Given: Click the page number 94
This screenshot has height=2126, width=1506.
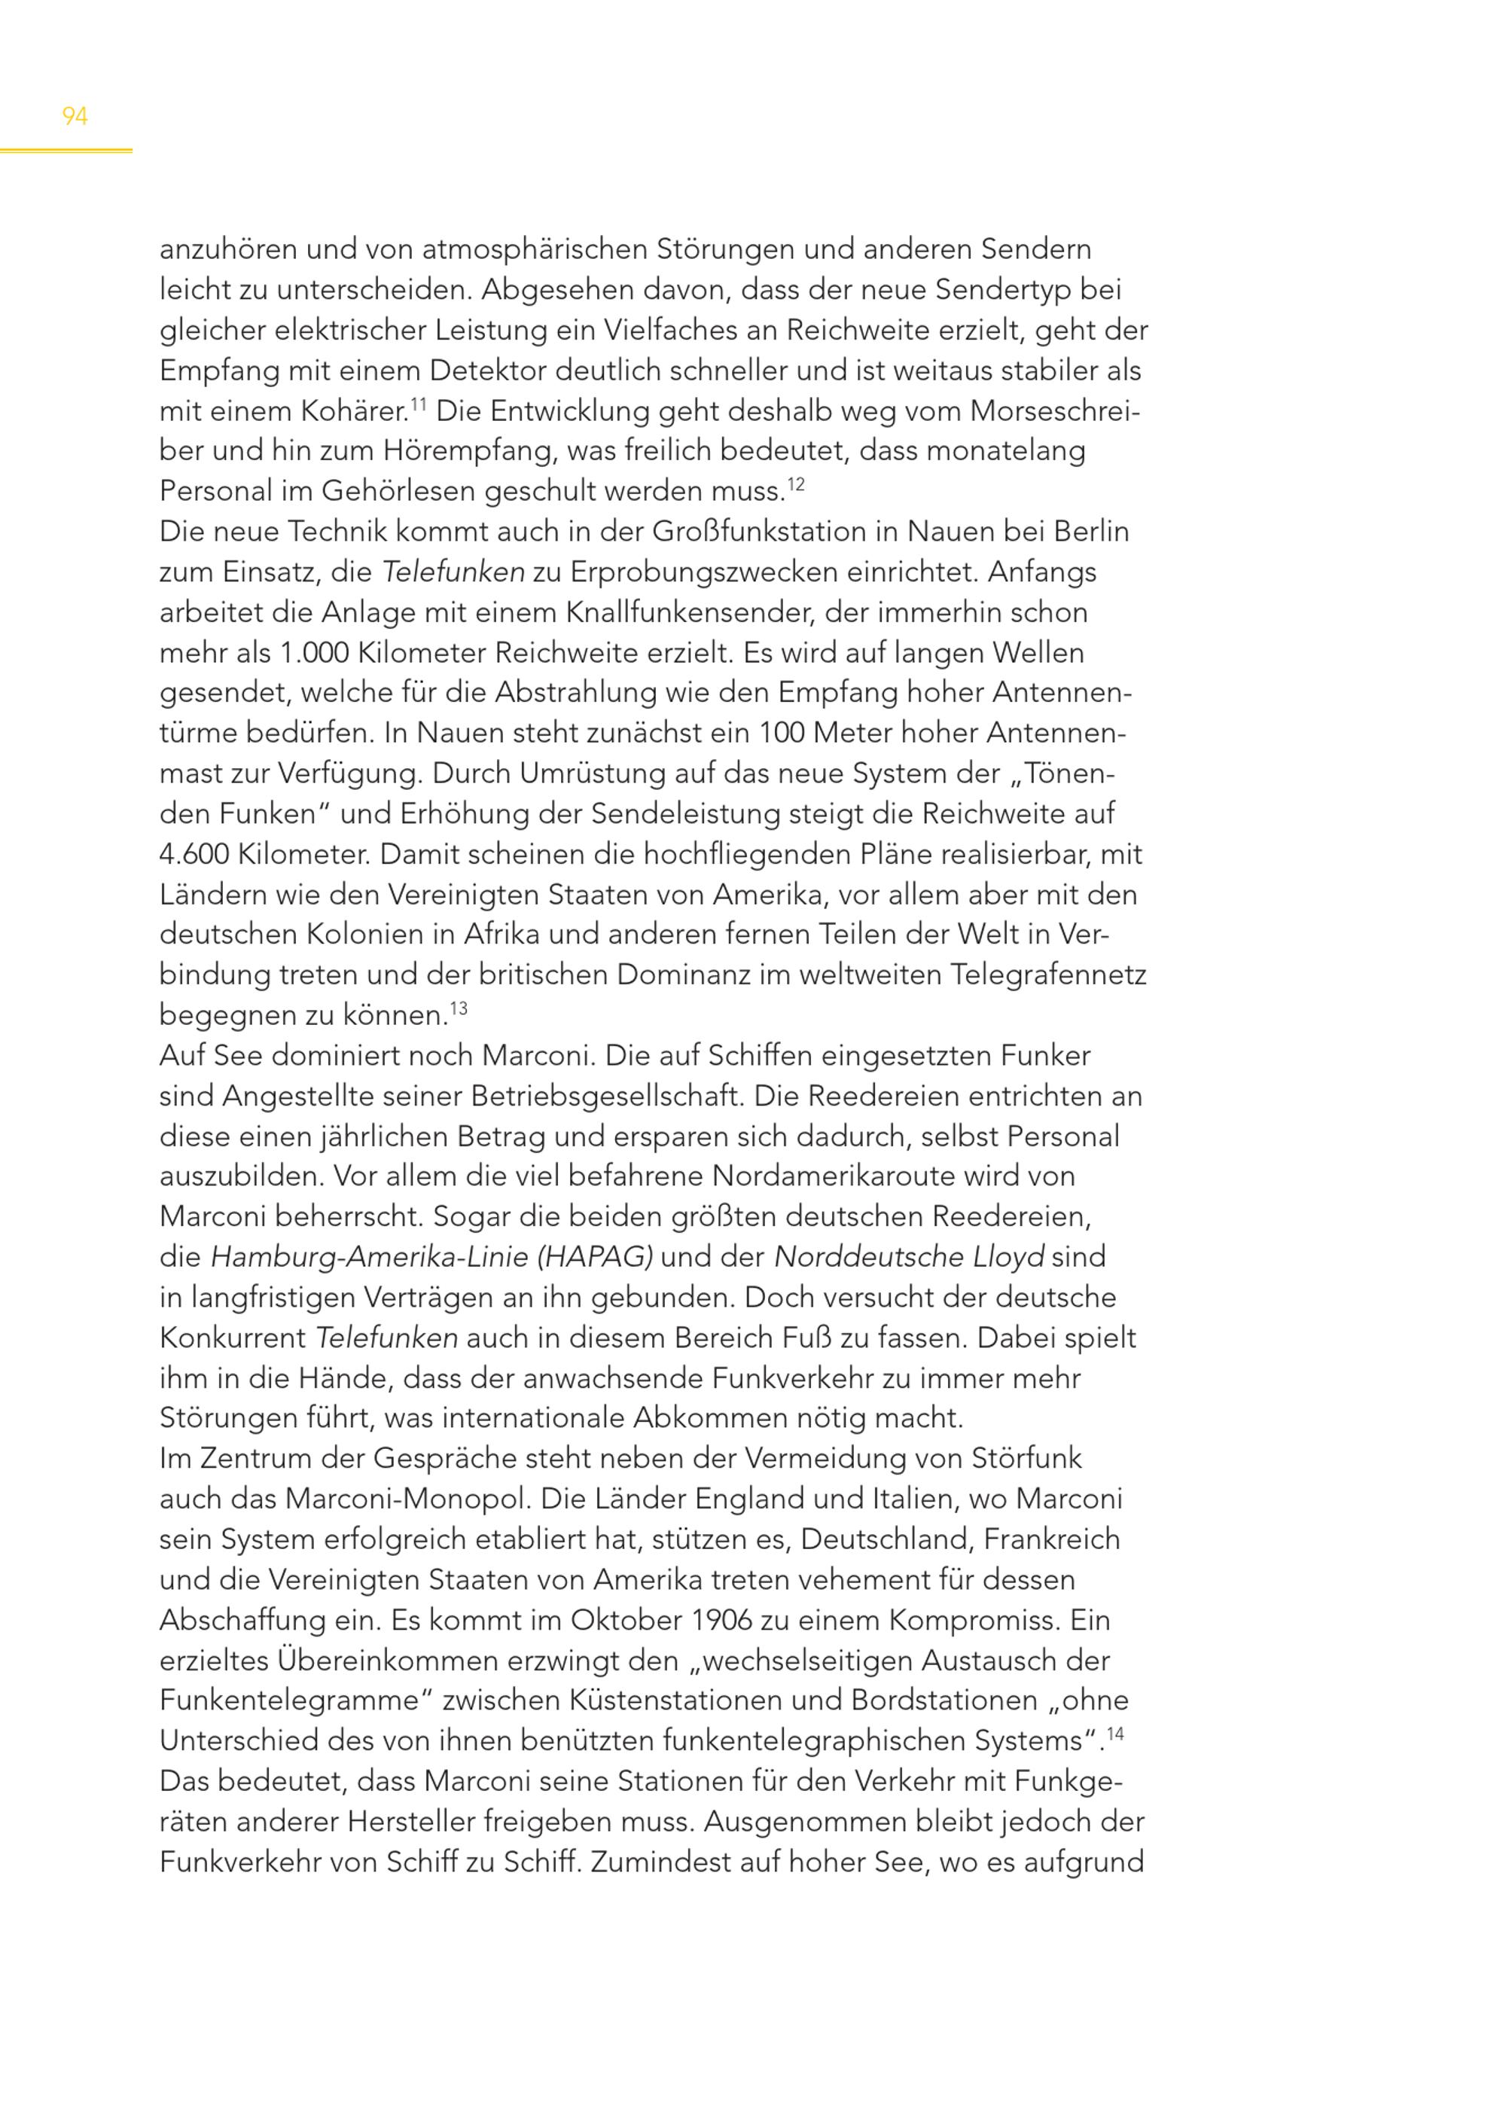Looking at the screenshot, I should pyautogui.click(x=75, y=116).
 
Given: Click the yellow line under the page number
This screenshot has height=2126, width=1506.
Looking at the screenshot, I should pyautogui.click(x=66, y=151).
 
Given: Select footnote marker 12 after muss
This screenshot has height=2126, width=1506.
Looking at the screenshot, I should pyautogui.click(x=796, y=482).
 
